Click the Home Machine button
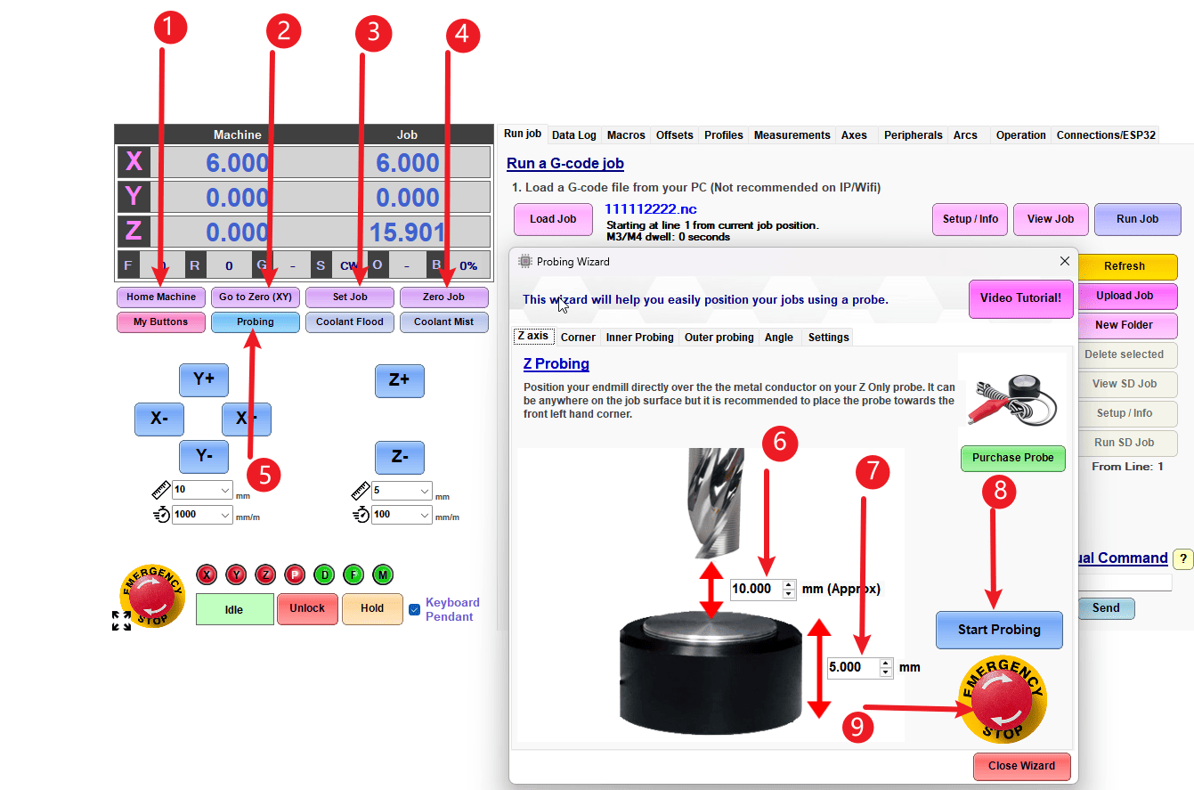click(160, 297)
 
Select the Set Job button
click(350, 297)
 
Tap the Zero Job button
click(443, 297)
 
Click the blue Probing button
click(255, 322)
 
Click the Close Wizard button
click(1021, 765)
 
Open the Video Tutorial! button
click(1019, 298)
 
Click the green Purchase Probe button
click(1012, 458)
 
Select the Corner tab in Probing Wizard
click(578, 337)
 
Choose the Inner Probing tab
click(639, 337)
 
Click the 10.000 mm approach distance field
click(753, 589)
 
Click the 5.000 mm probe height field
click(852, 667)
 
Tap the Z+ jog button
click(399, 379)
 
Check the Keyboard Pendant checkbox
click(414, 610)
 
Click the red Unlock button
click(307, 608)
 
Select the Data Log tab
click(573, 135)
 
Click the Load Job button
click(553, 219)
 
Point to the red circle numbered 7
click(873, 471)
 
